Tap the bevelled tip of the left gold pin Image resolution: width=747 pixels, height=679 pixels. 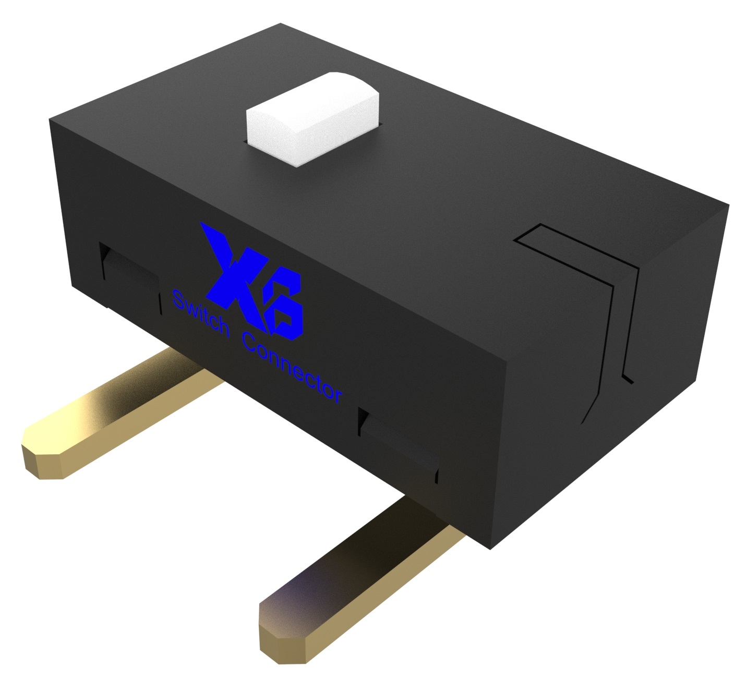coord(44,459)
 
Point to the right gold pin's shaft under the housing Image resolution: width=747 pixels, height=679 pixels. coord(417,527)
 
